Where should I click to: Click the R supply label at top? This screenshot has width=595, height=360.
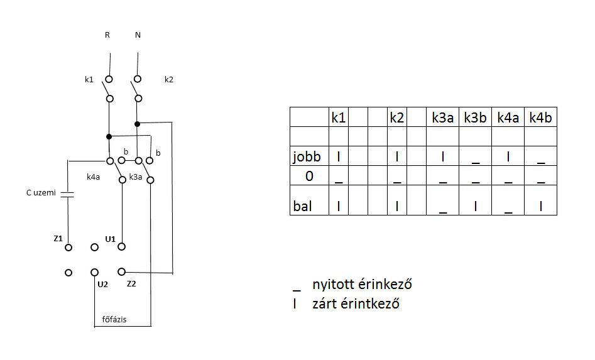(107, 35)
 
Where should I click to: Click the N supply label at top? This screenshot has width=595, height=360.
(138, 35)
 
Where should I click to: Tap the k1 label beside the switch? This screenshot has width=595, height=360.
(89, 80)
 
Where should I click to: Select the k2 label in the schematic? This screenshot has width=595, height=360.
(168, 80)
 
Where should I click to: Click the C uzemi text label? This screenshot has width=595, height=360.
(41, 194)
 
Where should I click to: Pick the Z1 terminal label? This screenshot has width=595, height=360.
(58, 238)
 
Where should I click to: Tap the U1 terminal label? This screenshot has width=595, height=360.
(110, 239)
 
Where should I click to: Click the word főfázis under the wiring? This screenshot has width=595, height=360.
(114, 319)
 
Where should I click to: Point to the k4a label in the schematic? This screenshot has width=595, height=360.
(94, 177)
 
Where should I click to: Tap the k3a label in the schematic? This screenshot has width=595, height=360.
(135, 177)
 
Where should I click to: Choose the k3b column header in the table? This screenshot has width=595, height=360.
(475, 117)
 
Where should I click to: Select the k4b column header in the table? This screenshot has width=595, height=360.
(540, 117)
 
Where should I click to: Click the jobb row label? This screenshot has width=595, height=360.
(307, 156)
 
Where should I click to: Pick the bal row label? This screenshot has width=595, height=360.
(302, 206)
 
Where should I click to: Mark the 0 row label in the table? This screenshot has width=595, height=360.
(308, 176)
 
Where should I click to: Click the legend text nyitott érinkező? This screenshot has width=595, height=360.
(361, 284)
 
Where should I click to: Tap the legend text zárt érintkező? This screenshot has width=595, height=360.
(356, 304)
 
